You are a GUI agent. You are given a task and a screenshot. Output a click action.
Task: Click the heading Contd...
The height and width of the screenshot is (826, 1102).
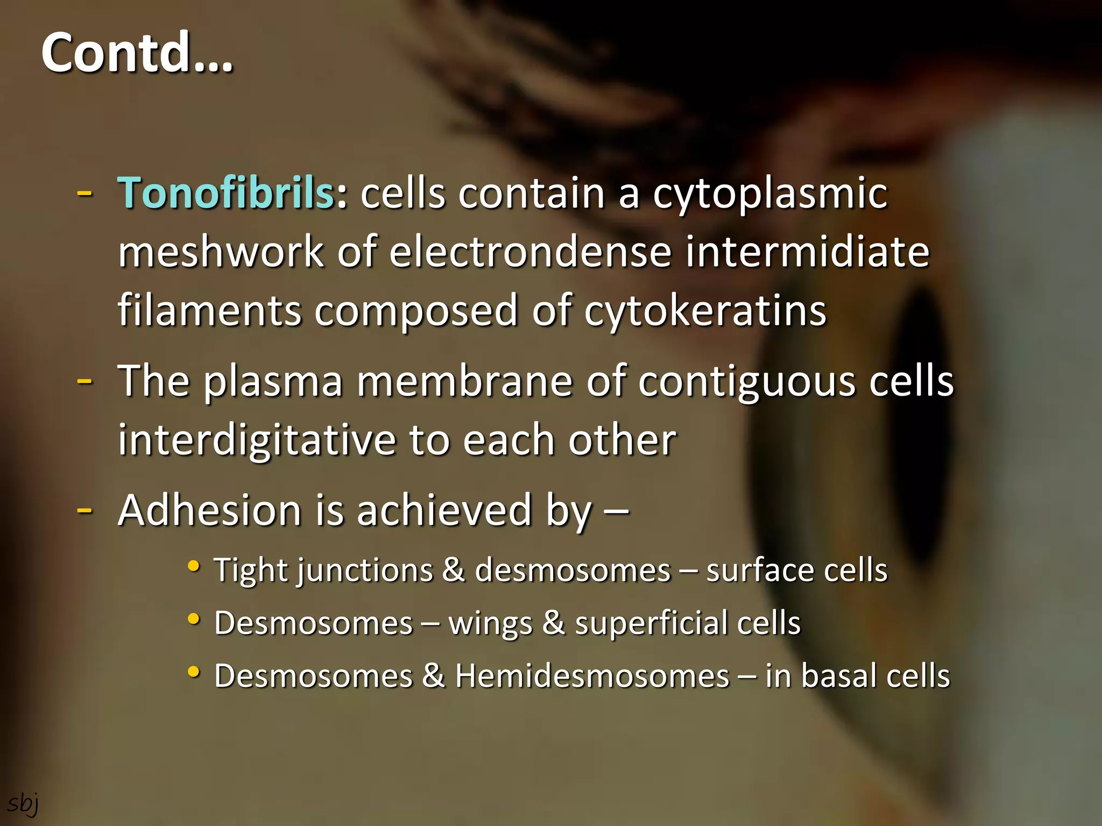pos(137,52)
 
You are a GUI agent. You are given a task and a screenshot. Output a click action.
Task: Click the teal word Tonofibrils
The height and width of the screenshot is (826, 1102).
pos(226,193)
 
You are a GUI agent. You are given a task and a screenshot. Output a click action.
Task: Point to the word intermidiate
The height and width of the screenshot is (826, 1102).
pos(807,252)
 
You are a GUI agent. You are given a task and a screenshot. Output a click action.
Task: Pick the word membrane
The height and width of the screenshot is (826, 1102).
pos(464,381)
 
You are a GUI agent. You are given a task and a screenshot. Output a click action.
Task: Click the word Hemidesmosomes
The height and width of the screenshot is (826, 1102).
pos(592,675)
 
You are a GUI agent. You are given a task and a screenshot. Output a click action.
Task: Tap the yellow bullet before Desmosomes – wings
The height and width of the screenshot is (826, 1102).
pos(194,619)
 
